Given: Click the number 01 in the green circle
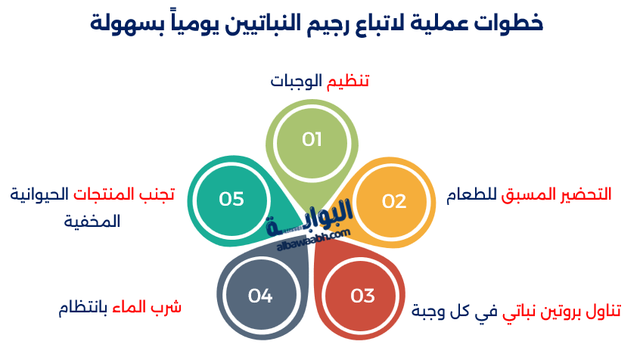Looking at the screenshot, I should (x=312, y=139).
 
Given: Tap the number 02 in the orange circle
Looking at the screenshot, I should (x=394, y=201).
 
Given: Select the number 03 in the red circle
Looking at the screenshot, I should (x=363, y=296).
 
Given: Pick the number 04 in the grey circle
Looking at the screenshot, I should (x=259, y=296).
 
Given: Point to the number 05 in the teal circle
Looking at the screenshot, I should (x=231, y=198).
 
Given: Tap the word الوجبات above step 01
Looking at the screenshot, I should (x=297, y=81).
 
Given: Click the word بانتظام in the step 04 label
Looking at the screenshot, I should (x=84, y=308).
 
